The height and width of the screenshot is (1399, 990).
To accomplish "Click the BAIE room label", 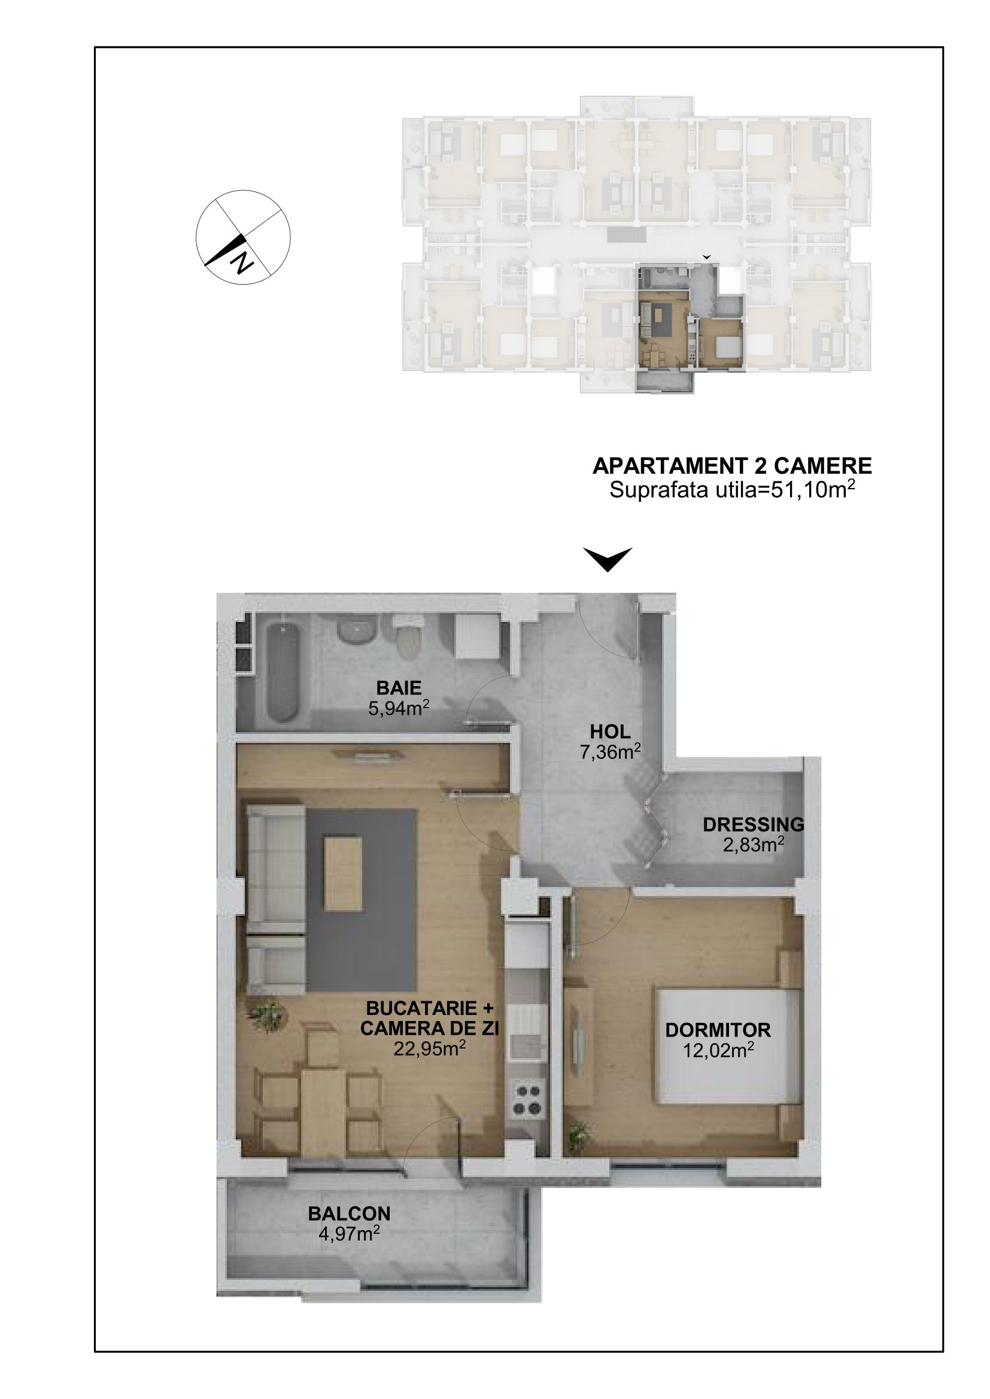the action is (399, 688).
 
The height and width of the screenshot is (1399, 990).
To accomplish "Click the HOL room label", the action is (610, 731).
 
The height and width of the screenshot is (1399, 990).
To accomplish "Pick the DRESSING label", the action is (754, 824).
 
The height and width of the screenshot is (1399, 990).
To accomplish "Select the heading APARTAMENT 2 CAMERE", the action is (732, 466).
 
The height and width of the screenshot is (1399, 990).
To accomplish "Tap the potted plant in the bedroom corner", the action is (580, 1135).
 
